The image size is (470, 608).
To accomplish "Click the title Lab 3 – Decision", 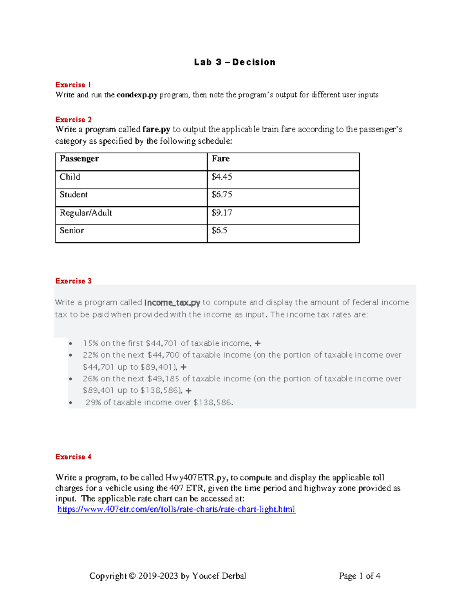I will coord(235,62).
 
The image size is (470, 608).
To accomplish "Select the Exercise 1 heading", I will coord(73,85).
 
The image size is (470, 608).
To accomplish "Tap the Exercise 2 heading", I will coord(74,119).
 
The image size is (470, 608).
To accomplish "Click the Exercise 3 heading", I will coord(74,281).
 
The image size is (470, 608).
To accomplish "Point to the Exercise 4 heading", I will coord(74,457).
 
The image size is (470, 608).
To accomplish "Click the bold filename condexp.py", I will coord(137,95).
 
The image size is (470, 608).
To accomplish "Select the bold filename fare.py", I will coord(156,130).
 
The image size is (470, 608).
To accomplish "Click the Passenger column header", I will coord(79,159).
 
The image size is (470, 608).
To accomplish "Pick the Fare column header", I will coord(221,159).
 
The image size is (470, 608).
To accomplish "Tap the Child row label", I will coord(70,177).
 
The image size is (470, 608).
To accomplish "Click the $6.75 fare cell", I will coord(222,195).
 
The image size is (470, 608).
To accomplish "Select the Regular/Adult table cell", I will coord(86,213).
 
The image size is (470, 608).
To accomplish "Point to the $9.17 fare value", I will coord(222,213).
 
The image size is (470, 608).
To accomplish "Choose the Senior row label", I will coord(72,231).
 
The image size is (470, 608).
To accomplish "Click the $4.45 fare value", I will coord(222,177).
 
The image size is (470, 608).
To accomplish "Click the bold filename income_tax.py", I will coord(172,303).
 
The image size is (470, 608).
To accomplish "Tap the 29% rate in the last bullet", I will coord(93,402).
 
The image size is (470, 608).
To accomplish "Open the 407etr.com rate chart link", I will coord(176,509).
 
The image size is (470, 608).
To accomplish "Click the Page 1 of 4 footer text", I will coord(360,576).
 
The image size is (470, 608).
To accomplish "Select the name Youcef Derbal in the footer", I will coord(219,576).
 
